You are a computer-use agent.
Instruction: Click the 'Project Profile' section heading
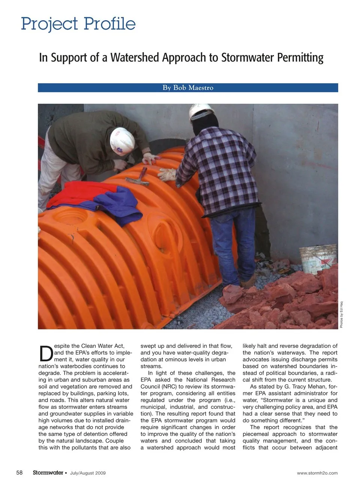point(78,24)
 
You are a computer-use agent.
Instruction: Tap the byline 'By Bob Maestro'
point(188,88)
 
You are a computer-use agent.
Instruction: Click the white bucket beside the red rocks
point(318,259)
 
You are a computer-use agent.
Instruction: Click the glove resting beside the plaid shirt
point(167,174)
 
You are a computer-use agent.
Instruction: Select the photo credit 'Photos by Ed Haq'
point(341,315)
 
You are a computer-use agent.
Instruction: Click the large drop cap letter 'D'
point(46,352)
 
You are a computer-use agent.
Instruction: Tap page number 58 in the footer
point(19,473)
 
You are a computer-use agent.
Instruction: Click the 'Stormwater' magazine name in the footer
point(48,473)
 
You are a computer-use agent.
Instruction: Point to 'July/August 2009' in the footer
point(88,473)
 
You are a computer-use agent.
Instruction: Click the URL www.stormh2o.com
point(317,473)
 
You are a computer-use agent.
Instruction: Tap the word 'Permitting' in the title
point(300,58)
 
